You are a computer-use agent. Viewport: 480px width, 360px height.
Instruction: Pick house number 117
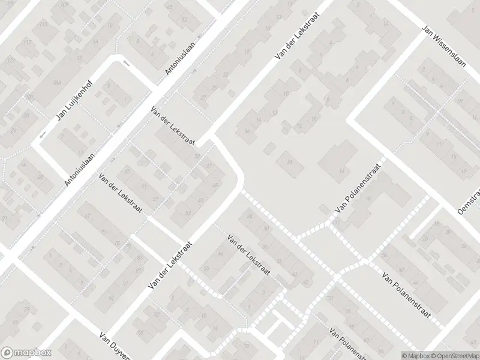[28, 43]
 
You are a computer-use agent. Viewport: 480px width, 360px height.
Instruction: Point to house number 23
[226, 74]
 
